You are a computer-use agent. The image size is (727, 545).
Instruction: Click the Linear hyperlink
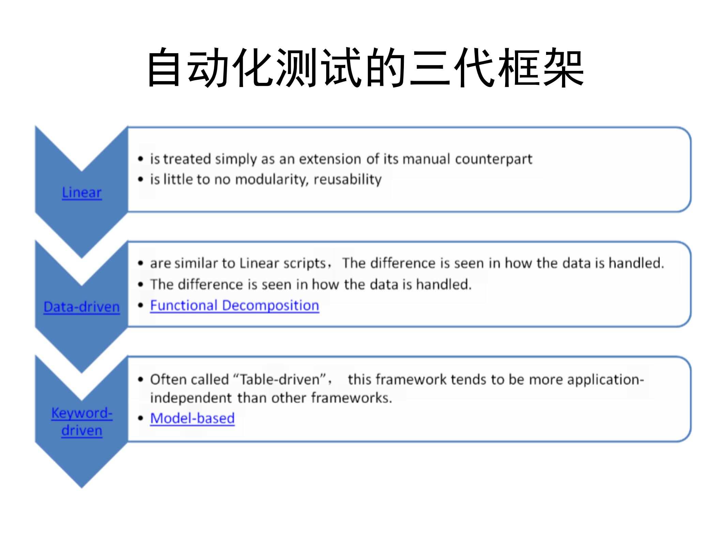[x=82, y=193]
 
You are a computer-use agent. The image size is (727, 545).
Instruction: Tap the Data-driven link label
[x=82, y=307]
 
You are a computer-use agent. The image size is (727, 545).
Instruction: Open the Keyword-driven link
[x=82, y=422]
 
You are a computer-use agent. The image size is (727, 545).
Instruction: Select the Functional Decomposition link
[x=234, y=305]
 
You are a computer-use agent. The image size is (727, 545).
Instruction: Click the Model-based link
[x=192, y=418]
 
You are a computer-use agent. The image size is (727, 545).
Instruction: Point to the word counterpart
[x=494, y=159]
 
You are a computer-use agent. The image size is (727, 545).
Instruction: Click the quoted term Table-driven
[x=279, y=379]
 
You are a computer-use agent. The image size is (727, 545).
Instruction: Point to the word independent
[x=191, y=398]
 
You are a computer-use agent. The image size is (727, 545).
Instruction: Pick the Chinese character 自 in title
[x=164, y=67]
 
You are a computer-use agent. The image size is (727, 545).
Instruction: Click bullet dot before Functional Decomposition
[x=140, y=305]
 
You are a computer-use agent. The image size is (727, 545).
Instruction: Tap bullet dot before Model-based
[x=140, y=418]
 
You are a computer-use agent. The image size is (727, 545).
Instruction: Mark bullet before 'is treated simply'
[x=140, y=159]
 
